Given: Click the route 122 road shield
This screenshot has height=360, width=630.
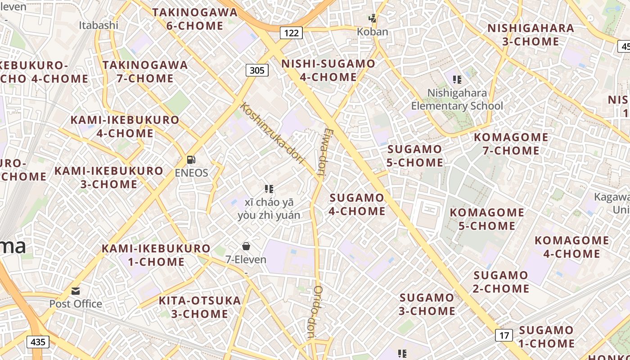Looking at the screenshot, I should [x=291, y=32].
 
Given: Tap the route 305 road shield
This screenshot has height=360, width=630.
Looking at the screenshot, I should [x=257, y=70].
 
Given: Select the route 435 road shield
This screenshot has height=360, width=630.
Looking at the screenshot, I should [x=38, y=342].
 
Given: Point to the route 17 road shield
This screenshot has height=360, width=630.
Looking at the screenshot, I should [x=504, y=335].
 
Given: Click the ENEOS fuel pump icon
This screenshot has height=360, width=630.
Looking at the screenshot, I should [x=191, y=160].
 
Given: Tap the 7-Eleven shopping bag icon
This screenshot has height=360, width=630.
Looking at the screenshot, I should [x=246, y=246].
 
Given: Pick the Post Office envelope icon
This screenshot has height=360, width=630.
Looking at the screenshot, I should [x=76, y=291].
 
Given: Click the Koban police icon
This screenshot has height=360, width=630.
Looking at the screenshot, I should [x=373, y=18].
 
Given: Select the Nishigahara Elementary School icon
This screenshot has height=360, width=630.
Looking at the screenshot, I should [x=457, y=80].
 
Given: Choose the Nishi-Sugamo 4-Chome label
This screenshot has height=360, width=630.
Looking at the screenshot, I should [x=328, y=70].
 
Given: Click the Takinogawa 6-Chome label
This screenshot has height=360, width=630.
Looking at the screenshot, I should [x=195, y=19].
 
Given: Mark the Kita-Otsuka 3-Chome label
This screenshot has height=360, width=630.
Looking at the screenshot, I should [x=200, y=307].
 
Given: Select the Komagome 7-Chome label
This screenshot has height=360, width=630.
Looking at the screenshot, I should [x=511, y=144].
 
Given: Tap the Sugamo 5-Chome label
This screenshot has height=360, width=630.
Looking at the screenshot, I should [x=415, y=156].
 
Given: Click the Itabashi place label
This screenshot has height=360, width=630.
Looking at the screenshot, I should [x=99, y=25].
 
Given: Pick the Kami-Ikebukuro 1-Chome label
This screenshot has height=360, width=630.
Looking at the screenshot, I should [x=156, y=255].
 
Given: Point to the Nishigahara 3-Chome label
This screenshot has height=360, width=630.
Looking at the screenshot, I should [x=531, y=35].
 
